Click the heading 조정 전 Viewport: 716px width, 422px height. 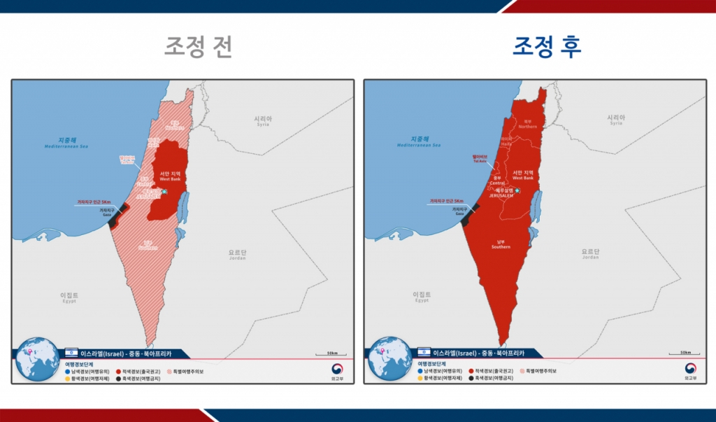point(198,47)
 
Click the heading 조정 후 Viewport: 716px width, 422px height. point(547,47)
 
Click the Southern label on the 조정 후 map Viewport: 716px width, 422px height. point(501,244)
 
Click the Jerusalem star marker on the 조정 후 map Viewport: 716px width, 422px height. point(517,190)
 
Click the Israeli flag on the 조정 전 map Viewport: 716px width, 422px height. point(71,353)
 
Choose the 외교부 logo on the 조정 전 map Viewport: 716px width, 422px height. point(338,370)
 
